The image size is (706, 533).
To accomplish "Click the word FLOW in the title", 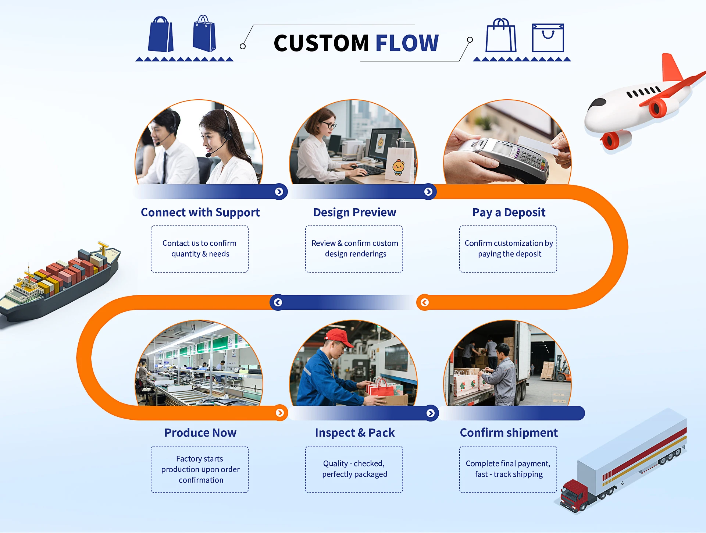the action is pos(407,43).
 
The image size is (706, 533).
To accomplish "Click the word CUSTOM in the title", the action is pos(321,43).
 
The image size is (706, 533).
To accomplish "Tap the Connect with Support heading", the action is pos(200,212).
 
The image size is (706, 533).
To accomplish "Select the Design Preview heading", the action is pos(355,212).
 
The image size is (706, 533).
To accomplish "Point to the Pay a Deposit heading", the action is pos(509,212).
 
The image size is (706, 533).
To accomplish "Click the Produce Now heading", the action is pos(200,433).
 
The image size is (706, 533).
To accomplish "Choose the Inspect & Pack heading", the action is pos(355,433).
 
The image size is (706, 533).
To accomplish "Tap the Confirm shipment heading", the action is pos(509,433).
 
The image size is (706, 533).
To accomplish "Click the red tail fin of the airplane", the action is pos(671,68).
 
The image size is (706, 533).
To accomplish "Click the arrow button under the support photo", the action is pos(279,192).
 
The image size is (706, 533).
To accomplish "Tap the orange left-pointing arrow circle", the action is pos(425,302).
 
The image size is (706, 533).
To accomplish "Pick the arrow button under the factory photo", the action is pos(280,413).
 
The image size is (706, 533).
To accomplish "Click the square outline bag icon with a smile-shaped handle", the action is pos(548,38).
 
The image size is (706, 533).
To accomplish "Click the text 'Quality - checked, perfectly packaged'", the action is pos(354,469).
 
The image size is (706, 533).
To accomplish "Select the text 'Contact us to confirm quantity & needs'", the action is pos(200,248).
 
